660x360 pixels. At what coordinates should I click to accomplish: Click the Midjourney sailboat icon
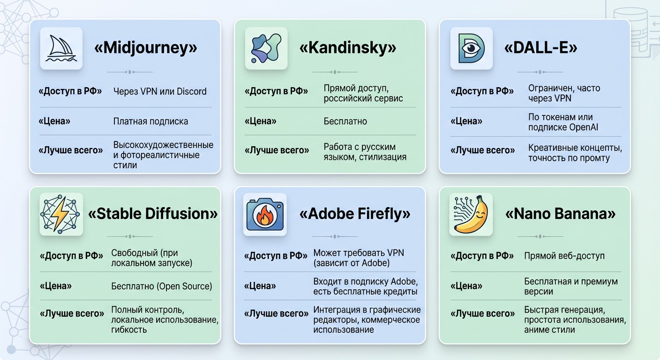61,49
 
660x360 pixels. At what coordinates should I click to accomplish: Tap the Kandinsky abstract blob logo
266,48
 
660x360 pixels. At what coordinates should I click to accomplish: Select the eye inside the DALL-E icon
471,48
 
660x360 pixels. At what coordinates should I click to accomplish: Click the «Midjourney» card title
146,48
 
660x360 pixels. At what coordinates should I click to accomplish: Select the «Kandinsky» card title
348,48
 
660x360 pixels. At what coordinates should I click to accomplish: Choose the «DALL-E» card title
540,48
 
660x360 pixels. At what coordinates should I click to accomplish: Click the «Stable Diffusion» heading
153,214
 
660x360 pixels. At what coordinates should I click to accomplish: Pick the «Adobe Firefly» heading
355,214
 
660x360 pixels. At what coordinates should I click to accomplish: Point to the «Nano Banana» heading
561,214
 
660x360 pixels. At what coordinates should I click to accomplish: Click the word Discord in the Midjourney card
192,91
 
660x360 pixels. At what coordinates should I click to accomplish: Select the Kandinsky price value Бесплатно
345,121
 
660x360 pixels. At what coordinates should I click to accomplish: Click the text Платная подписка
150,121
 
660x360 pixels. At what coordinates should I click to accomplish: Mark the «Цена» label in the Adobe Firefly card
260,286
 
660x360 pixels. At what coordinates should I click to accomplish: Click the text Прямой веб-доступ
564,256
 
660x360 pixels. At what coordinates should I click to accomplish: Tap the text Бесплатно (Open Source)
161,286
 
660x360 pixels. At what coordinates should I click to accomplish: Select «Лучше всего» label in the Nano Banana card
483,314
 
